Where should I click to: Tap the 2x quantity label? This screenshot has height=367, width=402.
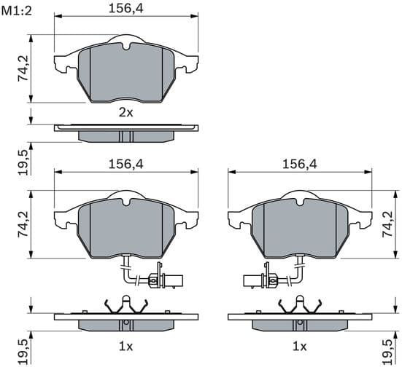[x=126, y=113]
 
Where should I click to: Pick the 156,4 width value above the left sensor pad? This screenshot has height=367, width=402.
[x=125, y=165]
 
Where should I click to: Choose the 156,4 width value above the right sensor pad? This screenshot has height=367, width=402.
[x=299, y=165]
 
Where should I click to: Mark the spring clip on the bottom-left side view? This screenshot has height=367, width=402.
[x=126, y=304]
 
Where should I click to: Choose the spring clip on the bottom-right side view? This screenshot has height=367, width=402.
[x=299, y=304]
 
